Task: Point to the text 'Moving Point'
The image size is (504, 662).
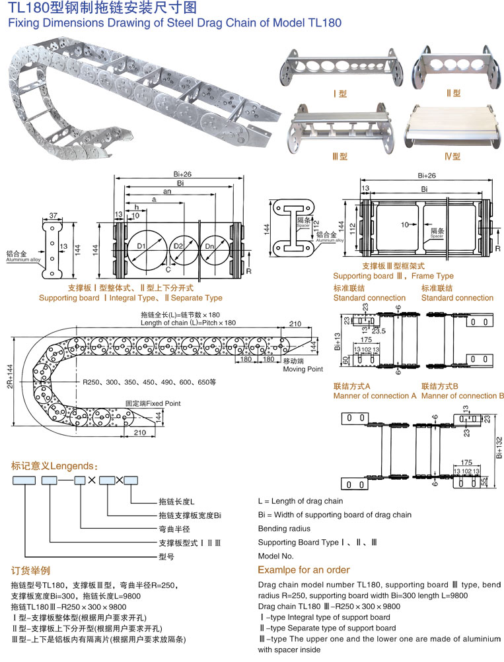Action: [303, 369]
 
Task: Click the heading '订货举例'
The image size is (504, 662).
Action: [31, 570]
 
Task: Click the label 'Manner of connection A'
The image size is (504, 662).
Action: [375, 395]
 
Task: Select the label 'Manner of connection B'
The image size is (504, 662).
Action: [462, 395]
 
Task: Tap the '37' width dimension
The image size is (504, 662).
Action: [54, 215]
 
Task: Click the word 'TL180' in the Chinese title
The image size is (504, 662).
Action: [27, 8]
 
